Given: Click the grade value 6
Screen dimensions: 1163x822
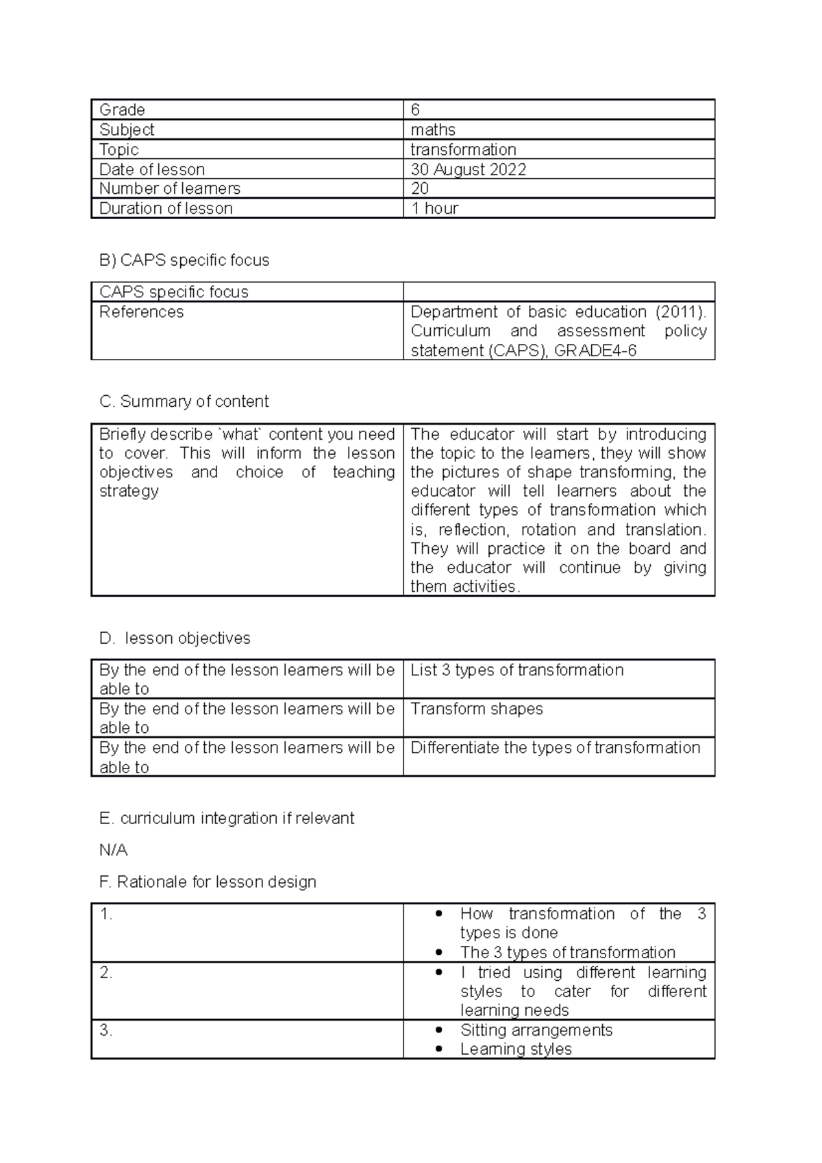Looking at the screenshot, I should tap(415, 110).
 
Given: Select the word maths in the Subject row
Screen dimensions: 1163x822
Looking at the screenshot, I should tap(433, 130).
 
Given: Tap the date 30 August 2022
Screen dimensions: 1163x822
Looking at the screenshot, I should tap(468, 169).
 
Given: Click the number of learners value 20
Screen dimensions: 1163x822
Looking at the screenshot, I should tap(419, 188).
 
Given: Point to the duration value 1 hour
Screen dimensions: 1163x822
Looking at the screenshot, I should tap(434, 208).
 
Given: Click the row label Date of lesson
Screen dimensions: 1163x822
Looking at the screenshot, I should tap(151, 169).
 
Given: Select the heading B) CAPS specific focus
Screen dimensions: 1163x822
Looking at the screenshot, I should tap(184, 260).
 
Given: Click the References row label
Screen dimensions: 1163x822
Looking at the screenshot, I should tap(141, 312).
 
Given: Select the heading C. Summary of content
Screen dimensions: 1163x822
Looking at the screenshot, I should tap(184, 401).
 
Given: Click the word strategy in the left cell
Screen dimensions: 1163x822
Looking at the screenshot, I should tap(129, 491).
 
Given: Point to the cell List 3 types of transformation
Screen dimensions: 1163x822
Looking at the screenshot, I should tap(516, 670).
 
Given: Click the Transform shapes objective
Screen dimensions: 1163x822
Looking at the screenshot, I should tap(476, 709).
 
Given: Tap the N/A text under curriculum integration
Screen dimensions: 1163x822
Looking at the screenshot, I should tap(113, 850).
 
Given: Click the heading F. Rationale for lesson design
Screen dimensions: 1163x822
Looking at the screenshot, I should tap(208, 882).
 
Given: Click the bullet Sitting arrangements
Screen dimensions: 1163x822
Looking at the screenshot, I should tap(536, 1030).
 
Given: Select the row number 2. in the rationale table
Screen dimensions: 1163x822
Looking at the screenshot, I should tap(105, 973).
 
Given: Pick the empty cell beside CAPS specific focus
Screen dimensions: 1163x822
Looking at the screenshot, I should tap(558, 292).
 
